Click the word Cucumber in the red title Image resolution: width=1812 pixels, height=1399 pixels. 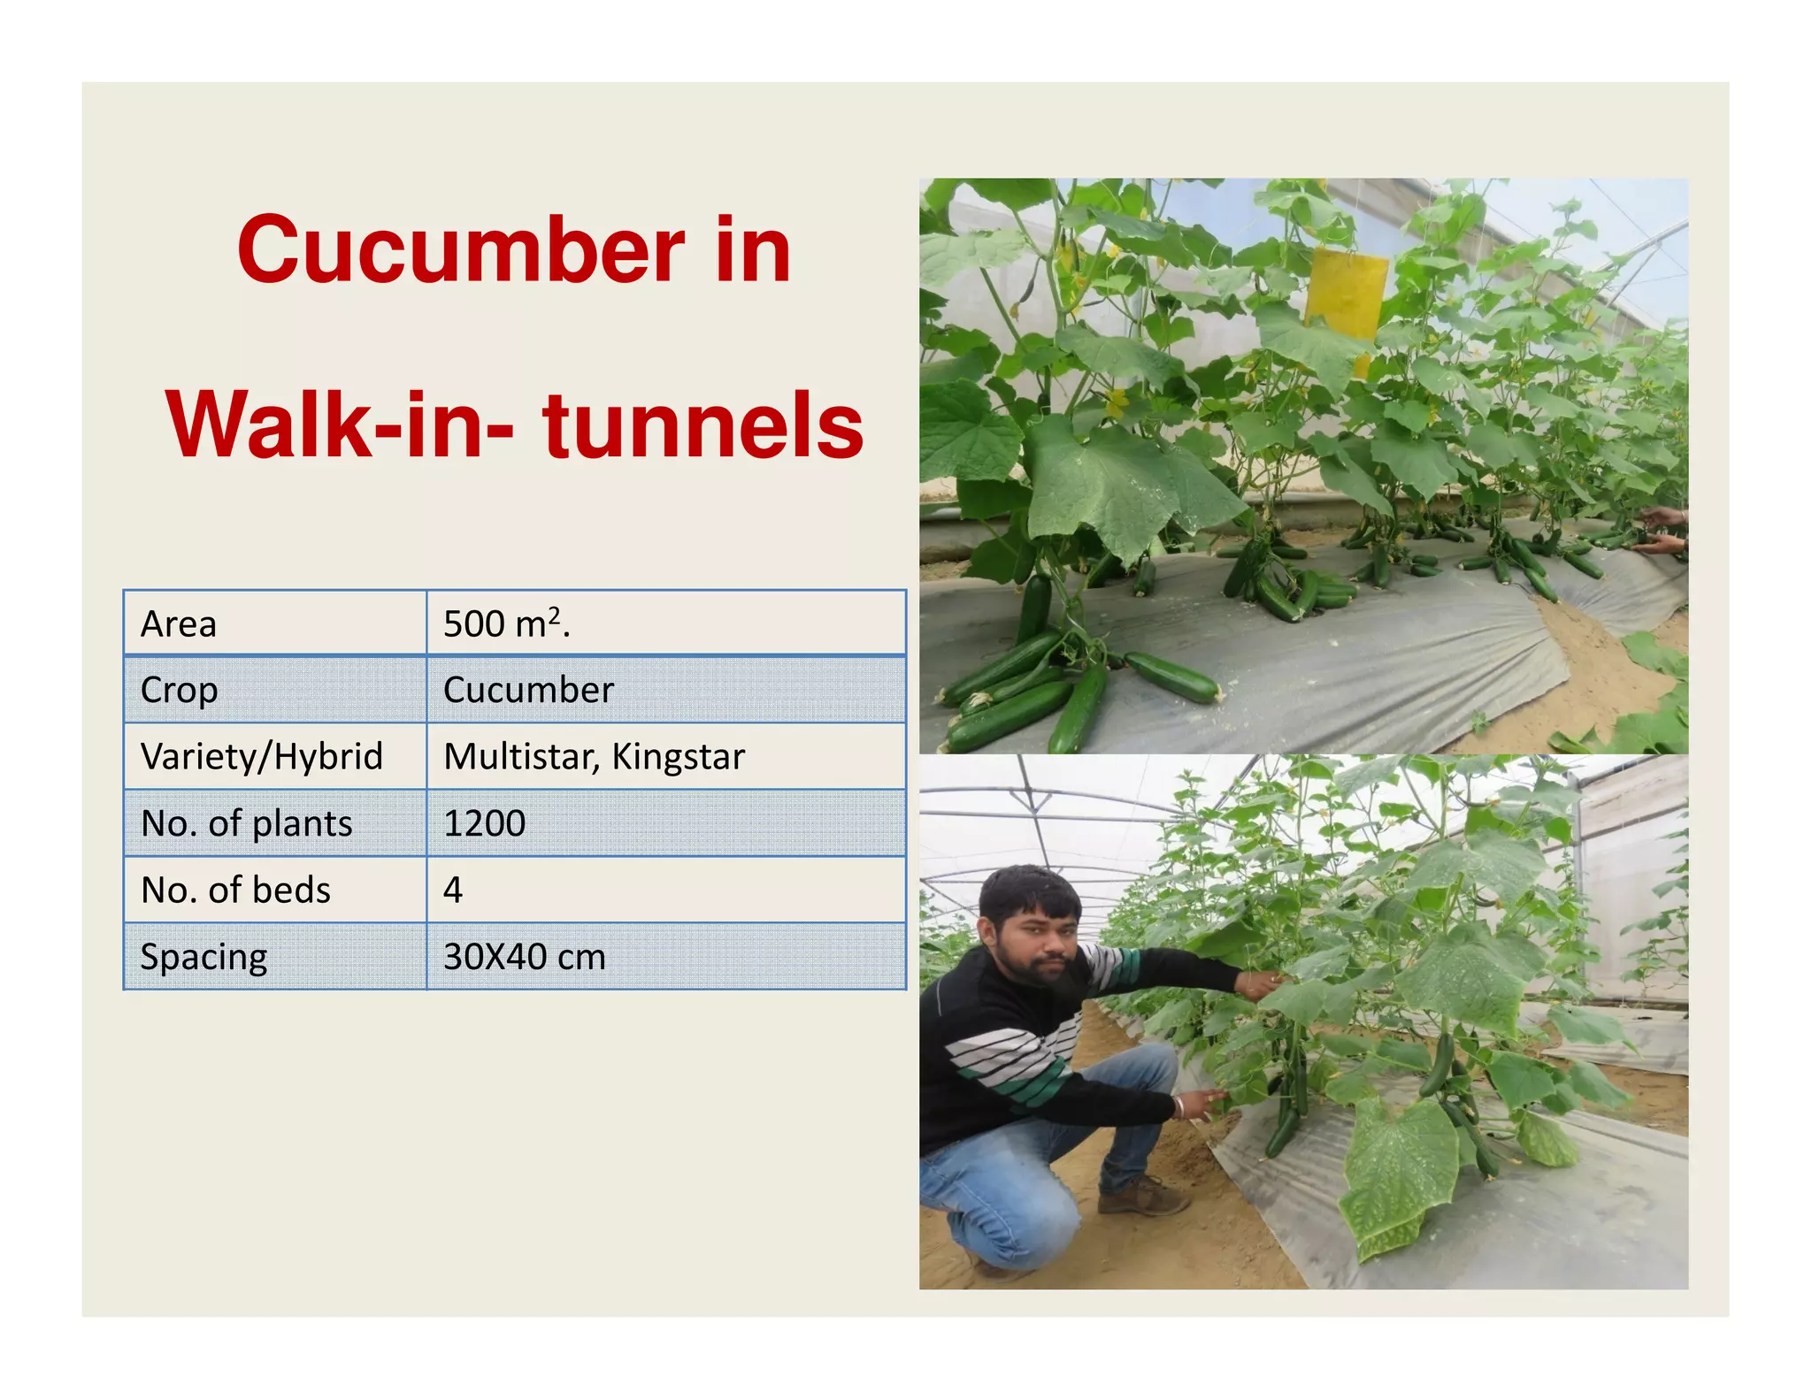pos(460,251)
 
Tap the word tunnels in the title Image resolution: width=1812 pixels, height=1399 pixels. pos(703,426)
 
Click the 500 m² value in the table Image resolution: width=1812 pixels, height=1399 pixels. pos(506,624)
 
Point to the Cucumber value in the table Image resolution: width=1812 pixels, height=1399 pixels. pos(528,691)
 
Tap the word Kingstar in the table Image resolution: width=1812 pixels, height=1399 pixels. pos(679,757)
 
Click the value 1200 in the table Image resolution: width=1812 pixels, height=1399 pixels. pos(484,824)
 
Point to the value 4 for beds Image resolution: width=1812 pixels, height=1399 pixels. pos(453,891)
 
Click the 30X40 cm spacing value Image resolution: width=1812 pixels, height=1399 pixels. pos(525,957)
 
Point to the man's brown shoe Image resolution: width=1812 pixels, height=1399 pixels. pos(1142,1197)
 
